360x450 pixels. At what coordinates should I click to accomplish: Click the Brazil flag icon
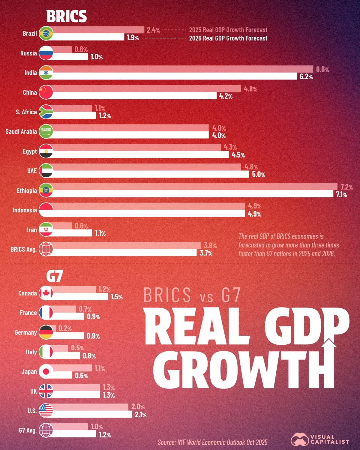tap(46, 33)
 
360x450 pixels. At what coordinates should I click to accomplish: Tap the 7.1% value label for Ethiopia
tap(341, 195)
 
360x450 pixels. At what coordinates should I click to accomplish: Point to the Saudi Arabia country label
tap(21, 131)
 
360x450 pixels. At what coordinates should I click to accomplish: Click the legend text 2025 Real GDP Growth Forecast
tap(228, 30)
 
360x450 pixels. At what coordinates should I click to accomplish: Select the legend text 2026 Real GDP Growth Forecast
tap(228, 38)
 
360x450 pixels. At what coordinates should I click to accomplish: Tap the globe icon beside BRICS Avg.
tap(46, 249)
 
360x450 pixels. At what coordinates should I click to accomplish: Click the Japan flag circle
tap(46, 372)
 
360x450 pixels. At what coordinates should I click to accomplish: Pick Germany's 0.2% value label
tap(65, 328)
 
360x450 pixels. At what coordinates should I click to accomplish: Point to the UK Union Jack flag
tap(46, 391)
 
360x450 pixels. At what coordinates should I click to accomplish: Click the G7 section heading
tap(54, 276)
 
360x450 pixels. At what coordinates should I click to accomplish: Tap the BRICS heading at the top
tap(67, 16)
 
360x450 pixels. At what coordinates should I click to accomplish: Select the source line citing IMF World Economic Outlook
tap(212, 442)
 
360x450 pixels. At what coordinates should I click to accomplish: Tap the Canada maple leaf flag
tap(46, 293)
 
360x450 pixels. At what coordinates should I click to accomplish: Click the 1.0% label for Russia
tap(97, 57)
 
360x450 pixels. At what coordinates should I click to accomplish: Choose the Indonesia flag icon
tap(46, 210)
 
